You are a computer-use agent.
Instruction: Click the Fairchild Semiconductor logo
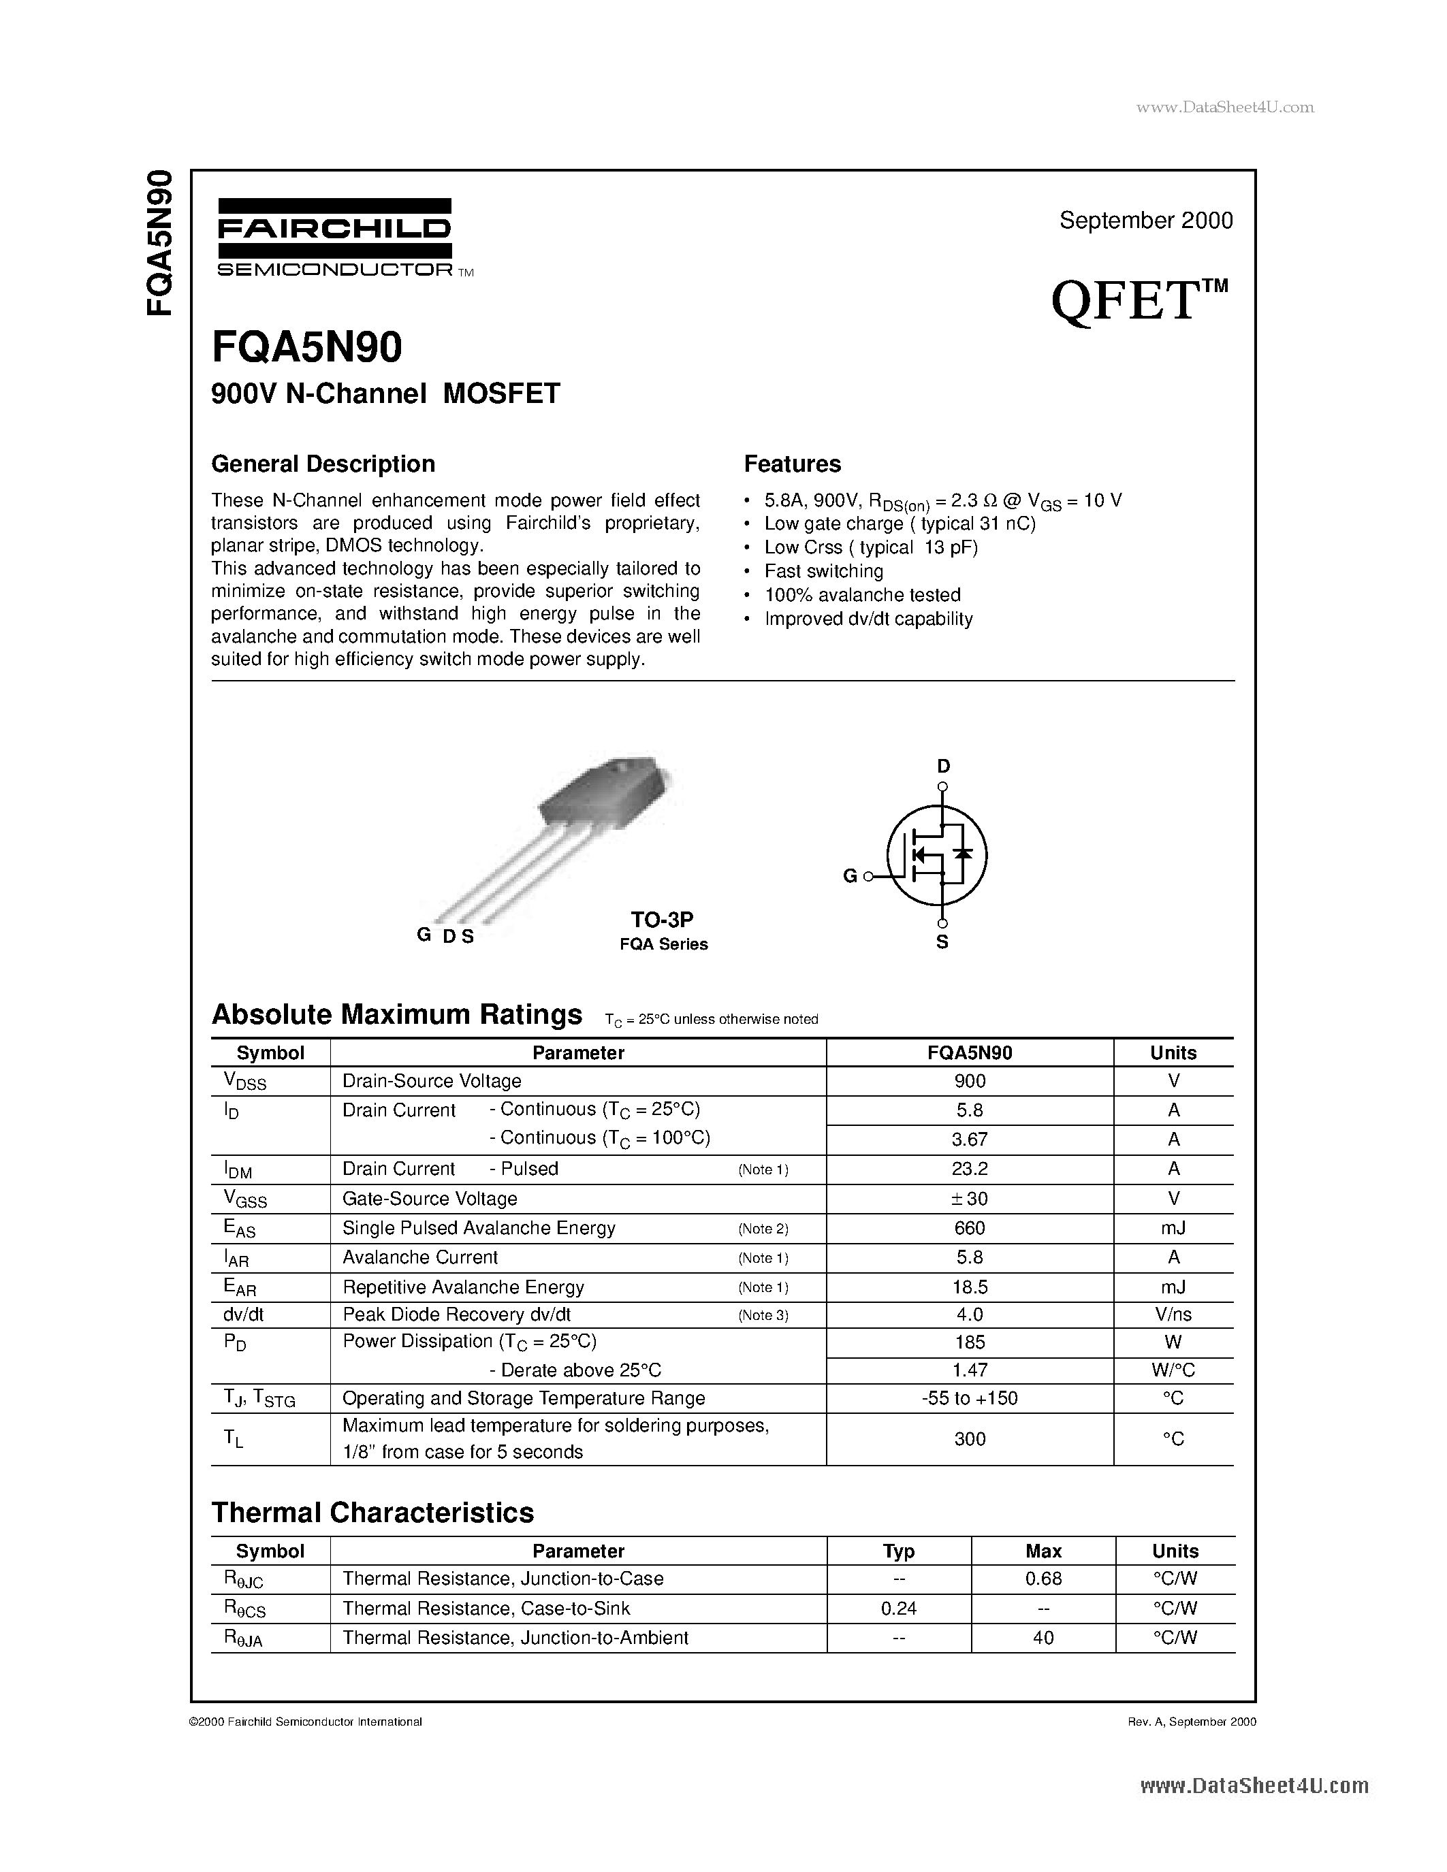[x=334, y=238]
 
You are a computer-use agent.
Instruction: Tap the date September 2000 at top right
[x=1145, y=221]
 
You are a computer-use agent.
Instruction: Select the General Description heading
[x=323, y=464]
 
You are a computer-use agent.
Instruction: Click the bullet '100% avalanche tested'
[x=862, y=595]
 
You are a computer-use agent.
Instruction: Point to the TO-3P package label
[x=662, y=920]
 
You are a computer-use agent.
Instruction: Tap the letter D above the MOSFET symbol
[x=943, y=766]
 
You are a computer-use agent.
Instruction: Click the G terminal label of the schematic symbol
[x=850, y=876]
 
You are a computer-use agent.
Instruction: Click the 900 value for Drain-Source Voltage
[x=970, y=1082]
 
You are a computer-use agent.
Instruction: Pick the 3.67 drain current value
[x=970, y=1139]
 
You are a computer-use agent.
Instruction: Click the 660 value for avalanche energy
[x=970, y=1228]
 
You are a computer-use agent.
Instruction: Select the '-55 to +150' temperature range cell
[x=970, y=1398]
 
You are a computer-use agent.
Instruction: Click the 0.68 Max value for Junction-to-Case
[x=1043, y=1578]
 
